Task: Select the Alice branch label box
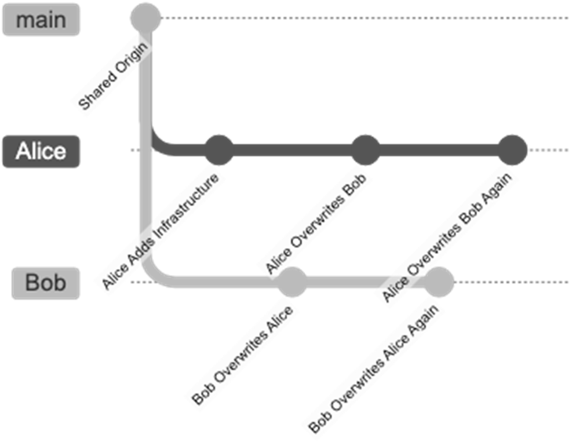(41, 151)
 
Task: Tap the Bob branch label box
(46, 283)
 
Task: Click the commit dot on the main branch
(145, 18)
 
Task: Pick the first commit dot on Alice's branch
(220, 149)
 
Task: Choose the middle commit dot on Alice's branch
(366, 149)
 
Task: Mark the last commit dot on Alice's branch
(513, 149)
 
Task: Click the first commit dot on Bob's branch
(292, 282)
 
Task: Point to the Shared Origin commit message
(112, 78)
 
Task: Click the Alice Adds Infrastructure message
(162, 231)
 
